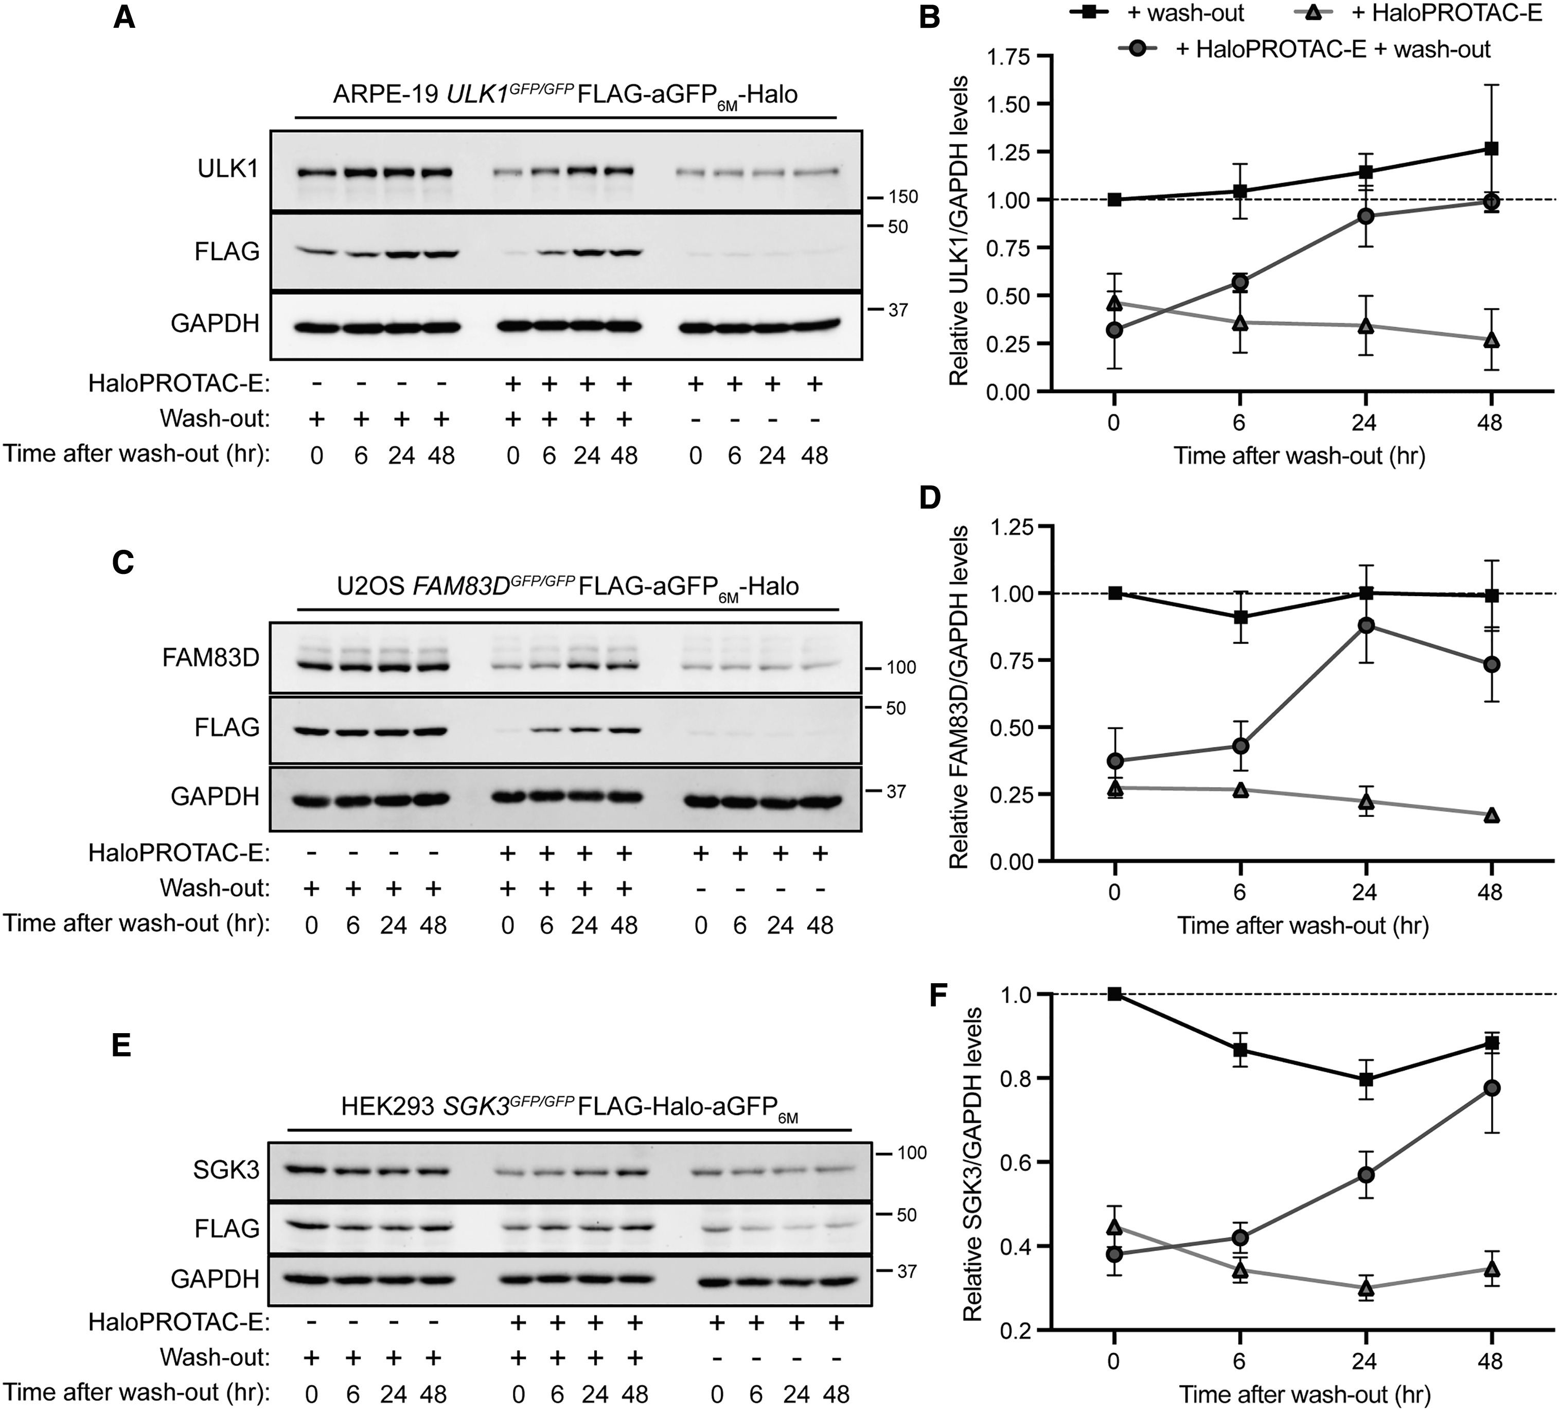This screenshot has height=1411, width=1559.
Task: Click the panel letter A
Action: [123, 17]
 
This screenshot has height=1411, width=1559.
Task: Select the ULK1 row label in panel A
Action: [228, 169]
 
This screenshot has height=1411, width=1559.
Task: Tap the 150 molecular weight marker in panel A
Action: [902, 197]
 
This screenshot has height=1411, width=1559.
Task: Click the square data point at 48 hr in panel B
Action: [1491, 149]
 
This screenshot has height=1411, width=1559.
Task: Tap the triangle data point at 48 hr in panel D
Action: [1491, 815]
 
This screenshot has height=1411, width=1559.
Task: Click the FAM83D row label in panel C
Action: [210, 657]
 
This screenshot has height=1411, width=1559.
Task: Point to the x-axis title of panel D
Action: [1302, 926]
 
